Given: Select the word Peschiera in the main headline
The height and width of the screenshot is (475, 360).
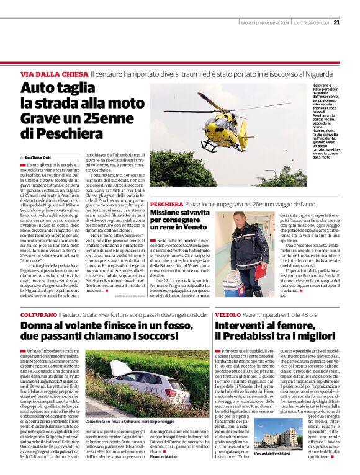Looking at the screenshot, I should coord(56,133).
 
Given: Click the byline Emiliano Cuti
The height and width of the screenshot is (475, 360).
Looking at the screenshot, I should coord(38,157).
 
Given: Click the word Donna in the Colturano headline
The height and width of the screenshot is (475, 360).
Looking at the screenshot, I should coord(39,327).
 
